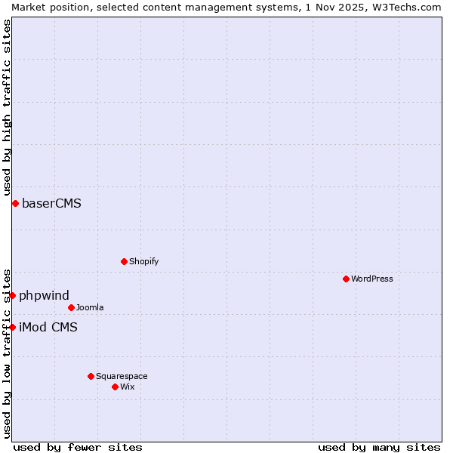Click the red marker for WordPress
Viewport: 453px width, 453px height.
pos(347,279)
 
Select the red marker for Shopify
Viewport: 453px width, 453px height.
pos(125,261)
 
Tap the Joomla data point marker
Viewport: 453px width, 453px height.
pos(72,307)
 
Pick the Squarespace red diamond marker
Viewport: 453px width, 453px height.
pos(91,376)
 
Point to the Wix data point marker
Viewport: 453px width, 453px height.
pos(116,387)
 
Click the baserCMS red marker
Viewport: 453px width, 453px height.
pos(15,203)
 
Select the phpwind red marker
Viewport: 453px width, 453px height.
pos(13,295)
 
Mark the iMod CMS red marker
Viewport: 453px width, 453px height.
pos(13,327)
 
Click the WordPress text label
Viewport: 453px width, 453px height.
pos(372,279)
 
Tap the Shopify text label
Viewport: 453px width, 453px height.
pos(144,261)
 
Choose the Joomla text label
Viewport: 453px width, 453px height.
pos(90,307)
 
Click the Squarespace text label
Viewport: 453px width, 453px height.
pos(122,376)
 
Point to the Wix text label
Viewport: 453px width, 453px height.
pos(128,387)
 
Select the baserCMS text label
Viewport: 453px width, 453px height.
pos(52,203)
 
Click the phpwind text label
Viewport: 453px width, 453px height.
pos(45,295)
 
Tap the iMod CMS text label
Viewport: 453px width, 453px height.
pos(48,327)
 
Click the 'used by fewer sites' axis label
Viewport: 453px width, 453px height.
pos(78,447)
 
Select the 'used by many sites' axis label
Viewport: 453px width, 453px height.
pos(379,447)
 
